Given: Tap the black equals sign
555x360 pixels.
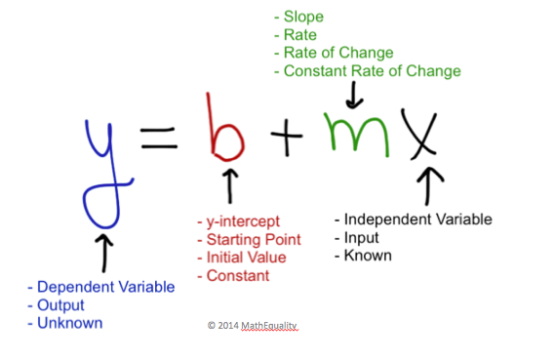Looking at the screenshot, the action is coord(159,138).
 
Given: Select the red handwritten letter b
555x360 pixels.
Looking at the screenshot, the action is coord(214,141).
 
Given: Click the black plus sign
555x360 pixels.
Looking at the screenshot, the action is coord(287,137).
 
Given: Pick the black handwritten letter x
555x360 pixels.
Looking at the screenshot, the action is coord(421,141).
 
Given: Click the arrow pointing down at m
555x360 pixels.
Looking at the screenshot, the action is coord(354,95).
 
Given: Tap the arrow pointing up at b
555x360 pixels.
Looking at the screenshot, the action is coord(230,185).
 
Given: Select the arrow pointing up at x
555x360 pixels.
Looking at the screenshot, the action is coord(428,185).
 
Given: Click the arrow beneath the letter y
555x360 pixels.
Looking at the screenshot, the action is coord(104,253).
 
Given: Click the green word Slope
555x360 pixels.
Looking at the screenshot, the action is coord(303,17).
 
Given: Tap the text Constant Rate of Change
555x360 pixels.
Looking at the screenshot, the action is coord(372,71).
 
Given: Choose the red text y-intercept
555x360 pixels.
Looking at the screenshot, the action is coord(243,221).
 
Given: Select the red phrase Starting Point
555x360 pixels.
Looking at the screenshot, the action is coord(254,240).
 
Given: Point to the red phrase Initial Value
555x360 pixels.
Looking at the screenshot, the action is coord(246,258).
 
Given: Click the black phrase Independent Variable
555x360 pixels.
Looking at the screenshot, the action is coord(418,220).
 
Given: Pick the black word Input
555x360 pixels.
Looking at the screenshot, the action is coord(362,238).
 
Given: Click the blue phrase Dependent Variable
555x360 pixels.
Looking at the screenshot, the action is coord(106,287).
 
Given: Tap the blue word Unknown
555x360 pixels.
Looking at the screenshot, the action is coord(69,323).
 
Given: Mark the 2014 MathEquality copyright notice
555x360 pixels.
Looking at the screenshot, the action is coord(253,325).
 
